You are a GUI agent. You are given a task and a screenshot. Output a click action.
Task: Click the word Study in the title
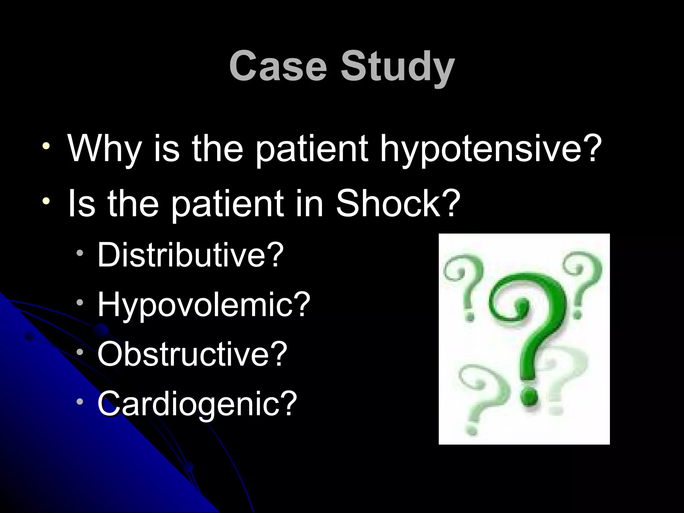(397, 67)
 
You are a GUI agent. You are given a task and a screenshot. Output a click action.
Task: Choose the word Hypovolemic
(197, 305)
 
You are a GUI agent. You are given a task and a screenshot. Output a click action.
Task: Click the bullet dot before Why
(46, 146)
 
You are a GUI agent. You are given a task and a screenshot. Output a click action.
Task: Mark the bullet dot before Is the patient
(46, 201)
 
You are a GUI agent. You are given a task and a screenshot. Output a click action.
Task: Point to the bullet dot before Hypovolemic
(79, 302)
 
